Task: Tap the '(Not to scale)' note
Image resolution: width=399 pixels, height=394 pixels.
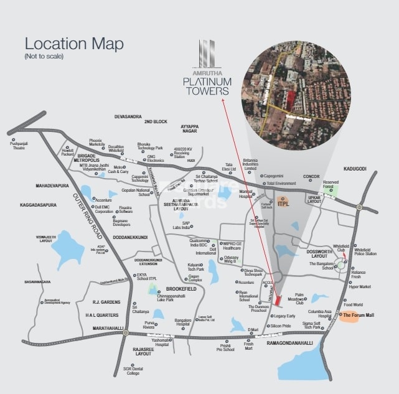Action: (44, 57)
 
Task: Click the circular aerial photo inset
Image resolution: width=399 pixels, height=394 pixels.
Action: (296, 91)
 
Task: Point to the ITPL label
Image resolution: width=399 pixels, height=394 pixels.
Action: (284, 203)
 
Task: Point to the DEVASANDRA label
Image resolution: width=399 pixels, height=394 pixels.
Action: (128, 117)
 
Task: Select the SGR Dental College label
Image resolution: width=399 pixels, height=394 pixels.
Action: (133, 370)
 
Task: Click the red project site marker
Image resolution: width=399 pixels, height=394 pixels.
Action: (278, 301)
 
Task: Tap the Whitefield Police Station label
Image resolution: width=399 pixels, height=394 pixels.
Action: (365, 251)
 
